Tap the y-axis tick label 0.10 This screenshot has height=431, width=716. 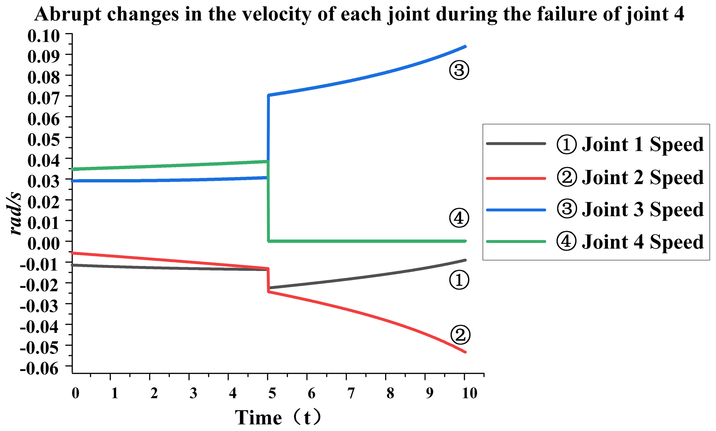[44, 36]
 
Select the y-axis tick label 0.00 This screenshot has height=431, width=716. [44, 243]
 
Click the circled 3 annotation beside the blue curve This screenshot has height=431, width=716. [459, 70]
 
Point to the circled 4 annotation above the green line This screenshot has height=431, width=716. [459, 218]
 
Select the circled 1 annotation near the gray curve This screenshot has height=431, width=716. [459, 280]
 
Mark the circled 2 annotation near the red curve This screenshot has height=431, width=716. [460, 334]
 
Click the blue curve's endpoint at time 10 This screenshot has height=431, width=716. [465, 46]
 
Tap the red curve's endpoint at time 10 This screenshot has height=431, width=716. [465, 352]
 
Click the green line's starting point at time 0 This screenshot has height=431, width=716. [73, 169]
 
